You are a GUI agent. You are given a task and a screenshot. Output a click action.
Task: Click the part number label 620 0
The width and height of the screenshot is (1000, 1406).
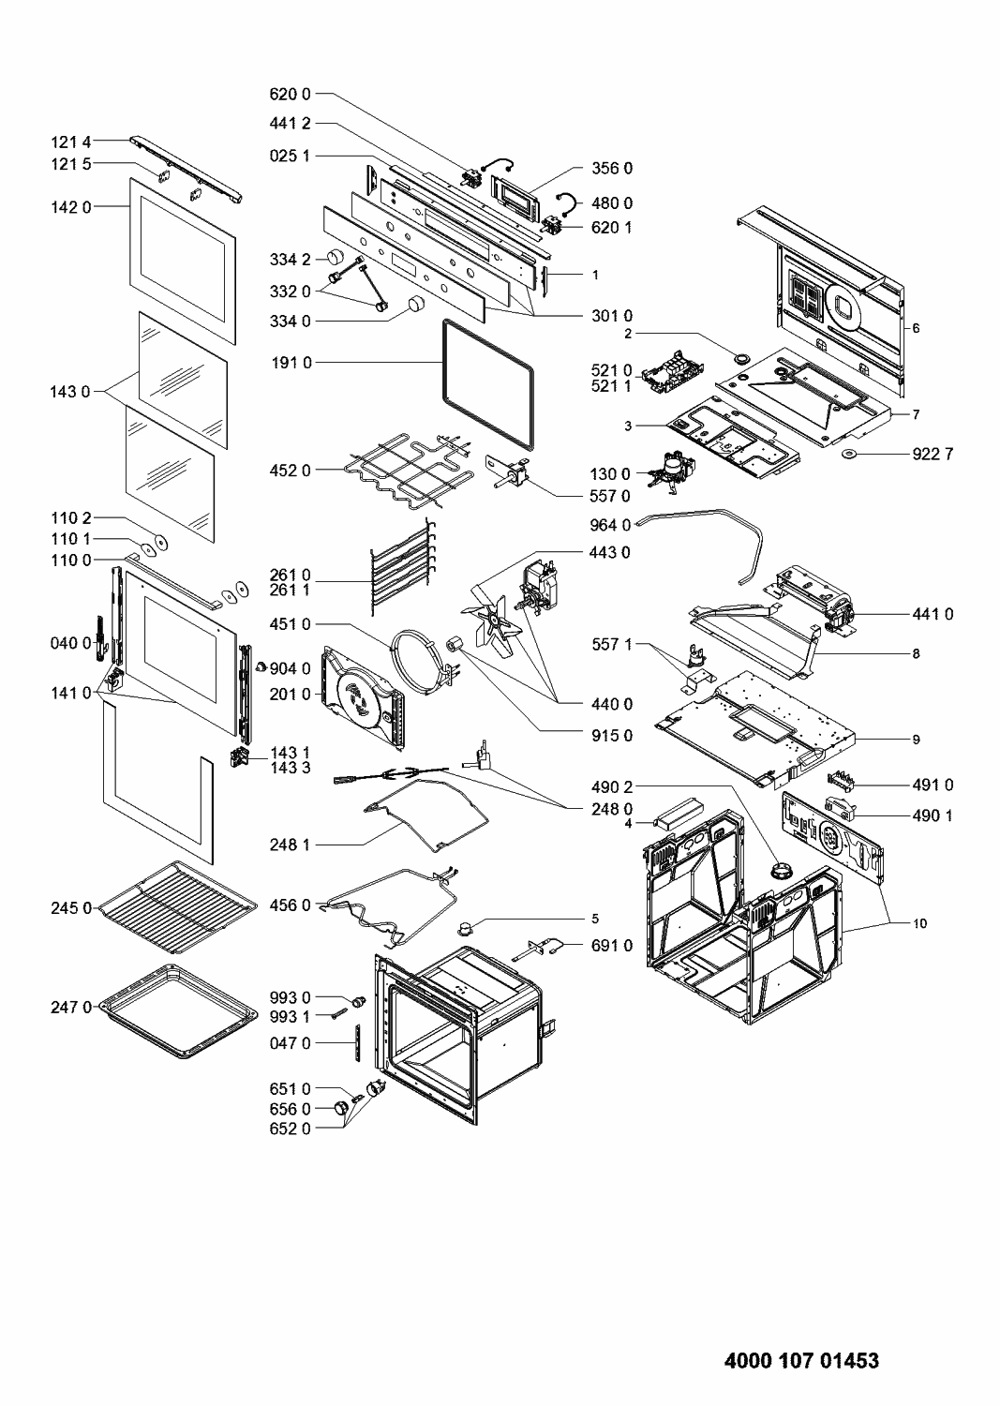coord(290,94)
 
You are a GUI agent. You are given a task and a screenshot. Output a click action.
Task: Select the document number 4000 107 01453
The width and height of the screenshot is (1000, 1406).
coord(802,1360)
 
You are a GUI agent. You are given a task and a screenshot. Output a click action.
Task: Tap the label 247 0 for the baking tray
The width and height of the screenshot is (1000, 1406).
coord(71,1008)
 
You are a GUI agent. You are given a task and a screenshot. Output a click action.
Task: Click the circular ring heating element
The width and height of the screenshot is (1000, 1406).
coord(421,651)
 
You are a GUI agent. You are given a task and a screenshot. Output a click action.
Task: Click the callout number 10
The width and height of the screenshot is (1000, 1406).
coord(919,923)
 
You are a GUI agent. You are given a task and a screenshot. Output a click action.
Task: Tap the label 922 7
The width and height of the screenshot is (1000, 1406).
coord(933,455)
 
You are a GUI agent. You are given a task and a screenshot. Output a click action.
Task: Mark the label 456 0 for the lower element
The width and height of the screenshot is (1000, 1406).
coord(290,905)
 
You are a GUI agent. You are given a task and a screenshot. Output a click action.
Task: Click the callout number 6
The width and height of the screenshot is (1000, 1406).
coord(916,328)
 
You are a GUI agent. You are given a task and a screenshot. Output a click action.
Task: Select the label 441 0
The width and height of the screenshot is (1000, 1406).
coord(932,614)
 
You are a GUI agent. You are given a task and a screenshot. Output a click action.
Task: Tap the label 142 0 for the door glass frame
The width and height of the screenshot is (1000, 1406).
coord(71,207)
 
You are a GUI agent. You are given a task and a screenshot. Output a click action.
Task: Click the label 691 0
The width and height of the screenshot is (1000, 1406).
coord(611,946)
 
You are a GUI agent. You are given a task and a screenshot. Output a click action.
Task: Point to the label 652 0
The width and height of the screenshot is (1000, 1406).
coord(290,1129)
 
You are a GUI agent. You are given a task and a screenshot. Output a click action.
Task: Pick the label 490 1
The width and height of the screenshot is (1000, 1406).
coord(932,815)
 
